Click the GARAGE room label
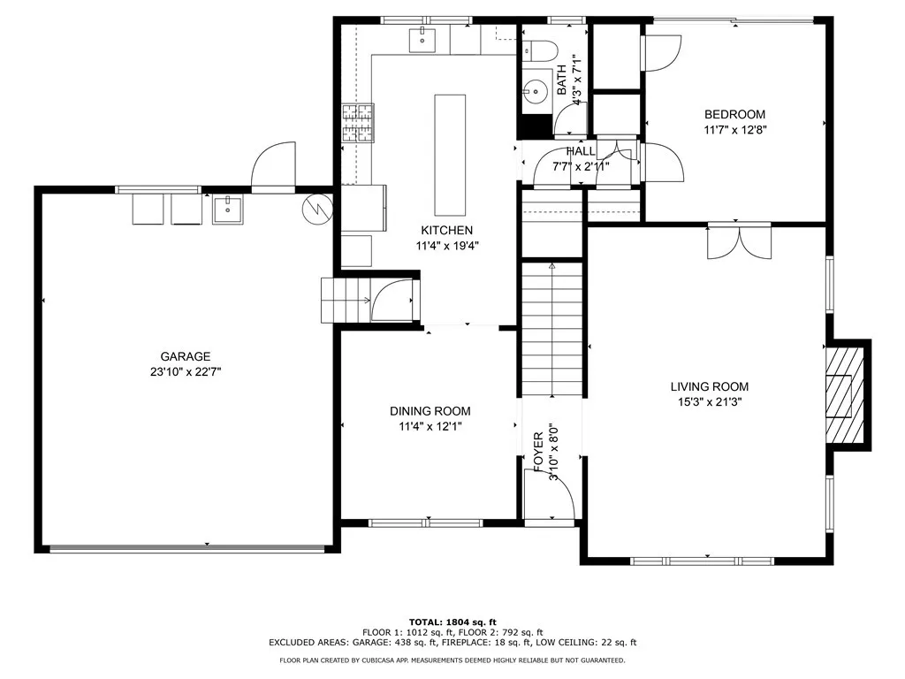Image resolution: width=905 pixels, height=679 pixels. coord(185,356)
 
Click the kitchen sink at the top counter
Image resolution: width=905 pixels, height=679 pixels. coord(424,38)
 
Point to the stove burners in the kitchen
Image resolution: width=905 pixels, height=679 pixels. coord(360,124)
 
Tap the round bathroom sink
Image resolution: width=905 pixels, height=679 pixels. coord(534,89)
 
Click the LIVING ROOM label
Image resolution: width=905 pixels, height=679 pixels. coord(709,386)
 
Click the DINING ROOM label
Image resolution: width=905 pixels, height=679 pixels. coord(430,411)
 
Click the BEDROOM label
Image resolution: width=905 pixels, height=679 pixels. coord(734,114)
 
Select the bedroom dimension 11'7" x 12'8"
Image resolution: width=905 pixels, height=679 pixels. coord(734,130)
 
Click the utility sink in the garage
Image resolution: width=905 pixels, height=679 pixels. coord(229,210)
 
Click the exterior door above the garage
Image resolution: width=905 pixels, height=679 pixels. coord(273,168)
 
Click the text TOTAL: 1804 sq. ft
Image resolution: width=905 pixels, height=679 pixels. coord(452,622)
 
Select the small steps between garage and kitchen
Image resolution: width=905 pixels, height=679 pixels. coord(336,300)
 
